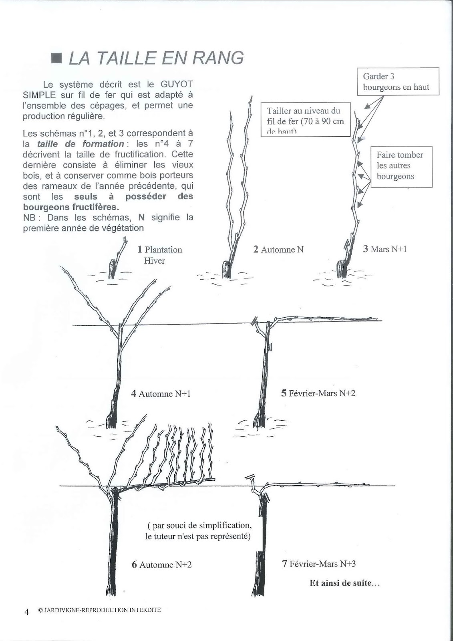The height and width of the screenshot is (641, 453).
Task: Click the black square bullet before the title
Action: pyautogui.click(x=57, y=58)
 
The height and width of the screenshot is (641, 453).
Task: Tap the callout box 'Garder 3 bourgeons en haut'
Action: pyautogui.click(x=398, y=81)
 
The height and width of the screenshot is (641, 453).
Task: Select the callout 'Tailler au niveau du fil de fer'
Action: pyautogui.click(x=306, y=119)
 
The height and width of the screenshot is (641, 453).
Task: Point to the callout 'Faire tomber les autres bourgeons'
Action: pyautogui.click(x=401, y=166)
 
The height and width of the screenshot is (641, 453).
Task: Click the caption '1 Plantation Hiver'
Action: pyautogui.click(x=160, y=255)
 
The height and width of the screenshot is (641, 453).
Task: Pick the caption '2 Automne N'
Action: pyautogui.click(x=278, y=250)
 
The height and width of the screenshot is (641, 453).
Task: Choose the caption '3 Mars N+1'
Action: pyautogui.click(x=385, y=249)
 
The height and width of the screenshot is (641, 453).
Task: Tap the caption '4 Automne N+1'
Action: pyautogui.click(x=161, y=393)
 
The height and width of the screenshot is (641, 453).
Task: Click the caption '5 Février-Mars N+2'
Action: pyautogui.click(x=318, y=393)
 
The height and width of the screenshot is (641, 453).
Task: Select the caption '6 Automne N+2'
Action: pyautogui.click(x=162, y=564)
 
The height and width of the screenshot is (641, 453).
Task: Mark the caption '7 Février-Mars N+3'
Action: pyautogui.click(x=319, y=564)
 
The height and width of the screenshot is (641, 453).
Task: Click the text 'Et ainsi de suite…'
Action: pyautogui.click(x=344, y=583)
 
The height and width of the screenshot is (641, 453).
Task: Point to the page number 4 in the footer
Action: pyautogui.click(x=27, y=612)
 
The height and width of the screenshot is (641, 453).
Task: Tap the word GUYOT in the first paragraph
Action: pyautogui.click(x=177, y=85)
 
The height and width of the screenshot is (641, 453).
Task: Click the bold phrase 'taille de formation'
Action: pyautogui.click(x=80, y=144)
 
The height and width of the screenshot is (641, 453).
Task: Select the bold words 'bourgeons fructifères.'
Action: pyautogui.click(x=71, y=207)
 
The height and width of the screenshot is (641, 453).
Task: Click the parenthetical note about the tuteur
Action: pyautogui.click(x=198, y=531)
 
